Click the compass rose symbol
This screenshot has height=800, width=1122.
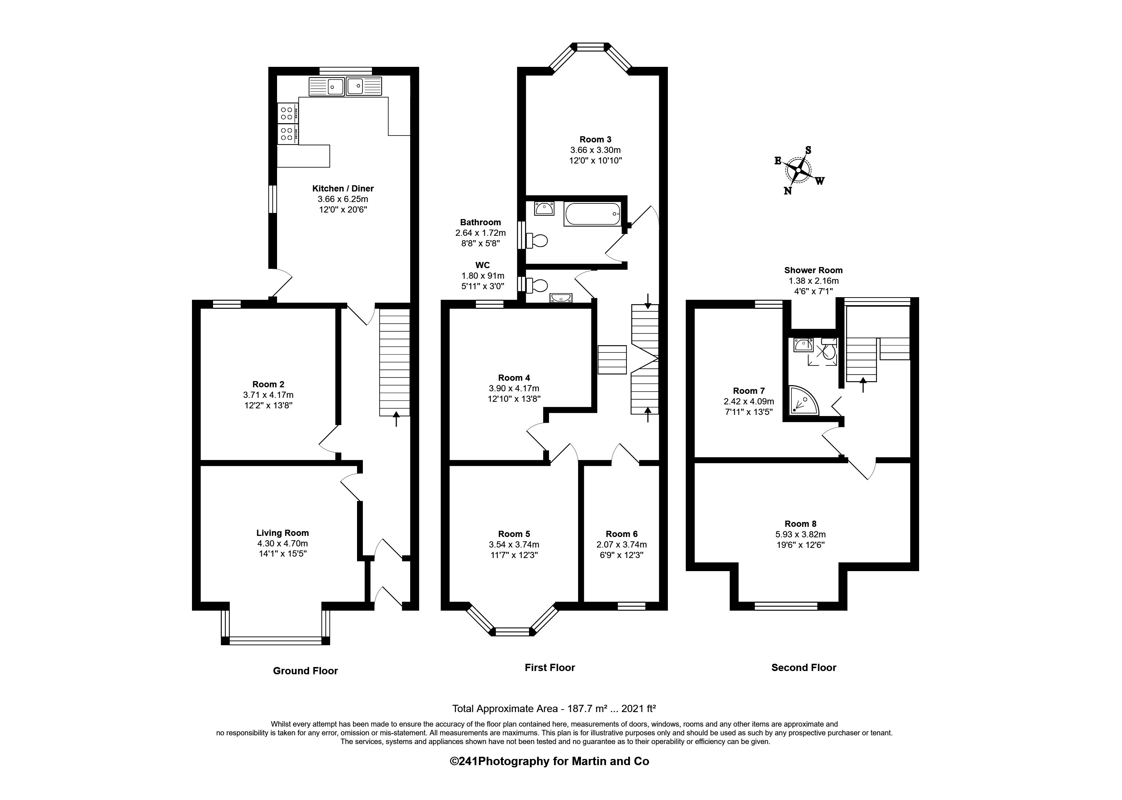pos(798,170)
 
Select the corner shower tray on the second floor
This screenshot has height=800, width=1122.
pos(802,400)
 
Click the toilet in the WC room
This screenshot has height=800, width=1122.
pos(537,285)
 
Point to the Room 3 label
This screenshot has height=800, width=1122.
pos(595,140)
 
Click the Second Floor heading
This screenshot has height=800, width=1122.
pos(804,667)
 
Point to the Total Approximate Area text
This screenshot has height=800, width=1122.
pos(554,708)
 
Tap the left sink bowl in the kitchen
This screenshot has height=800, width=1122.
pos(335,86)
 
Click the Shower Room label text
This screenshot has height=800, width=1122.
pos(813,270)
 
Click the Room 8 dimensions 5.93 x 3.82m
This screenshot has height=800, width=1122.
pos(800,534)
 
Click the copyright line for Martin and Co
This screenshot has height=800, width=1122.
pos(549,761)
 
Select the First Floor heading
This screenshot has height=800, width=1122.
pos(550,667)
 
